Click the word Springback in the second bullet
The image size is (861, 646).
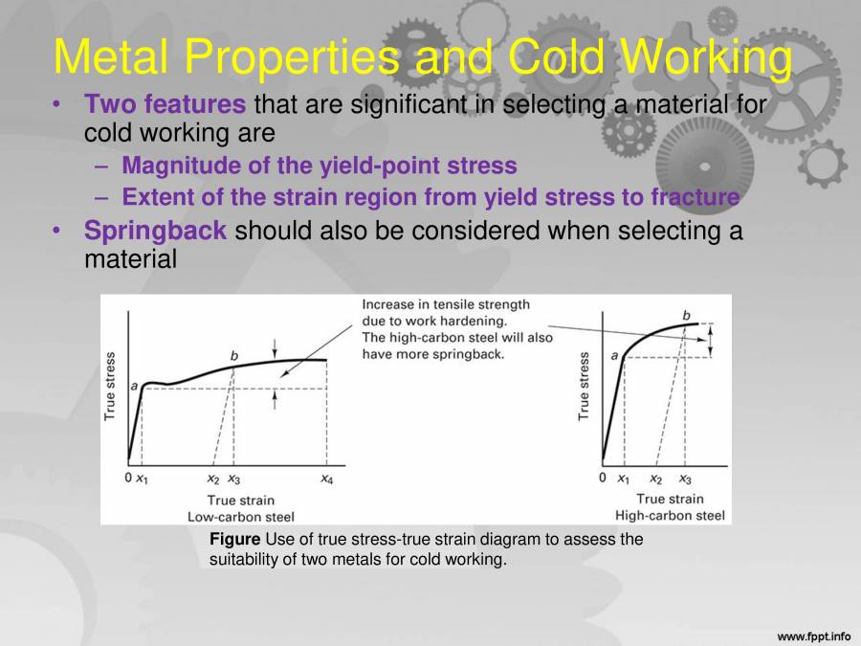click(156, 232)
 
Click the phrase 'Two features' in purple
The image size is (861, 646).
click(165, 103)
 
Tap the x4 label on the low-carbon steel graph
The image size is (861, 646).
click(326, 479)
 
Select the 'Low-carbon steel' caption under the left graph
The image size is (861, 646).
click(240, 516)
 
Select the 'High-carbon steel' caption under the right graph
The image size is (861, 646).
click(670, 516)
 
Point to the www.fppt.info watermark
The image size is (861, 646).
click(813, 635)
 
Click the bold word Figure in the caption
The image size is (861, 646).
click(234, 540)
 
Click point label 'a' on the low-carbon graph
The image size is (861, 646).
click(135, 385)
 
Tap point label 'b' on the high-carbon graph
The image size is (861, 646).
click(686, 315)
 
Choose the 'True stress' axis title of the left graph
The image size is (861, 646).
click(110, 387)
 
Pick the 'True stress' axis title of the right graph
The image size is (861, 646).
click(585, 387)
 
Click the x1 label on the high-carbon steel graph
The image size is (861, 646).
click(623, 479)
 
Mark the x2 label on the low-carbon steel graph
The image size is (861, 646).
click(213, 479)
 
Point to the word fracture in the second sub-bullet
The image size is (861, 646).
click(695, 198)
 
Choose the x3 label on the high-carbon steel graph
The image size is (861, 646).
click(685, 479)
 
